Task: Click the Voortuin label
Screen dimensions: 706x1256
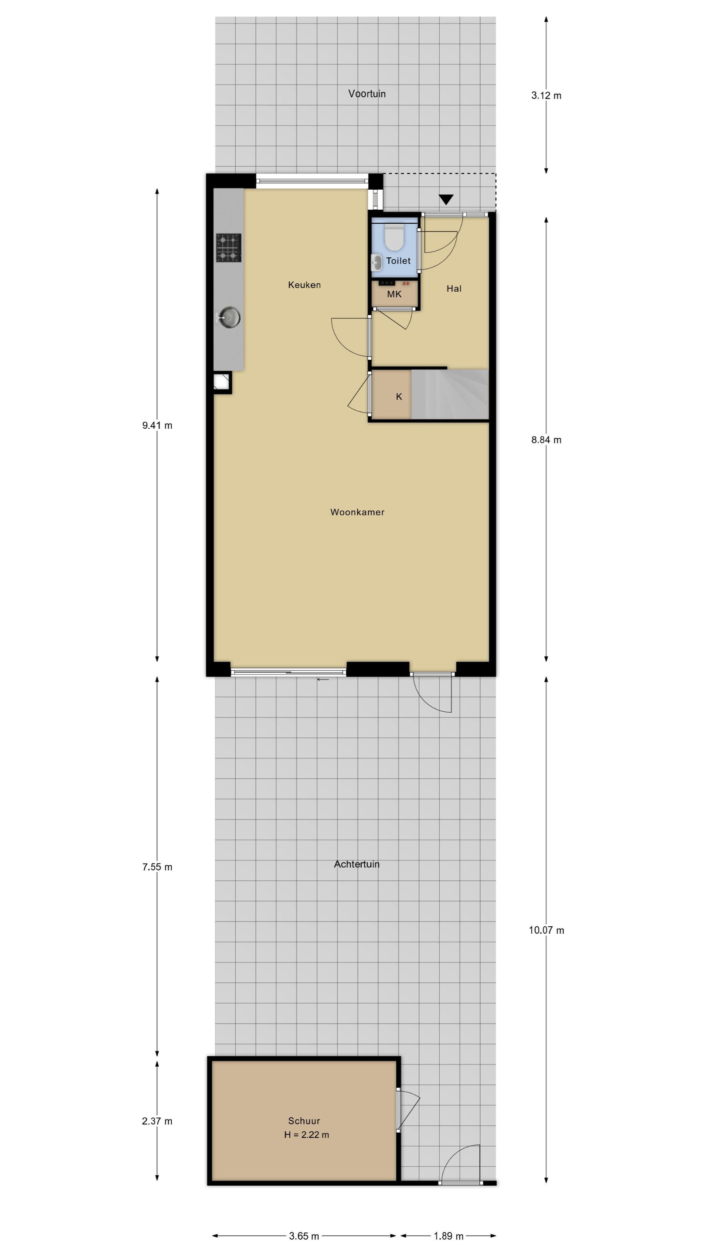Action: point(367,94)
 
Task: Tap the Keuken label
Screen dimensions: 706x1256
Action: point(304,285)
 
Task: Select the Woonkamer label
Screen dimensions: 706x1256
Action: point(357,512)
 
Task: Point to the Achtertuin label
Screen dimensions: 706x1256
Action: point(356,864)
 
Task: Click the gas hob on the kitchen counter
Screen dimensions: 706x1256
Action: point(228,248)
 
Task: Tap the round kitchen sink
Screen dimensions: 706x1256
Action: point(229,317)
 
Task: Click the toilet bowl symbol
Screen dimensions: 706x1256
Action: point(394,236)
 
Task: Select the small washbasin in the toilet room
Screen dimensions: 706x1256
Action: point(377,262)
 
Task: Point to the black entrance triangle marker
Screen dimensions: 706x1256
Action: point(446,199)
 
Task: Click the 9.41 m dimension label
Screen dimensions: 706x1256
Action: point(157,425)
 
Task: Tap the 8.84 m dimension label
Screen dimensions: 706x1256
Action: point(546,440)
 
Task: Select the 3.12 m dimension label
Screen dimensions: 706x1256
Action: point(546,96)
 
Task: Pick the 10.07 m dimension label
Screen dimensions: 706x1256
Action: point(546,930)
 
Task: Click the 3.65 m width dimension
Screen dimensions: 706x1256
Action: point(304,1236)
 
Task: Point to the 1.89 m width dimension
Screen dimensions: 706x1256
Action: point(448,1236)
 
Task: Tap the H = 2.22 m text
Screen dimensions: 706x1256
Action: point(306,1135)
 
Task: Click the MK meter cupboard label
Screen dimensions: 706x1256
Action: point(394,294)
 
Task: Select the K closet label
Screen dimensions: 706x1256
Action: point(399,397)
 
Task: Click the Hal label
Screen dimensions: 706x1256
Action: point(454,289)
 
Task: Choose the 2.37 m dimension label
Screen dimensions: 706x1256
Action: point(157,1121)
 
